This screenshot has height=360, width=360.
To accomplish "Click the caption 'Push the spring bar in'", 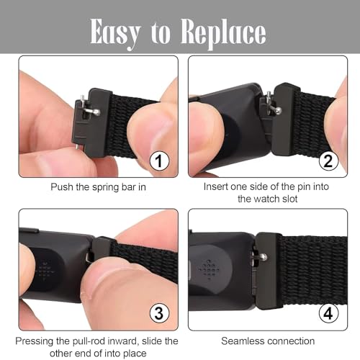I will click(x=98, y=186).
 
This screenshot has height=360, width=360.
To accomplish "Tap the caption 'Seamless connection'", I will click(x=268, y=339).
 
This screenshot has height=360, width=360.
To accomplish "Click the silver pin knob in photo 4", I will click(x=264, y=256).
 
